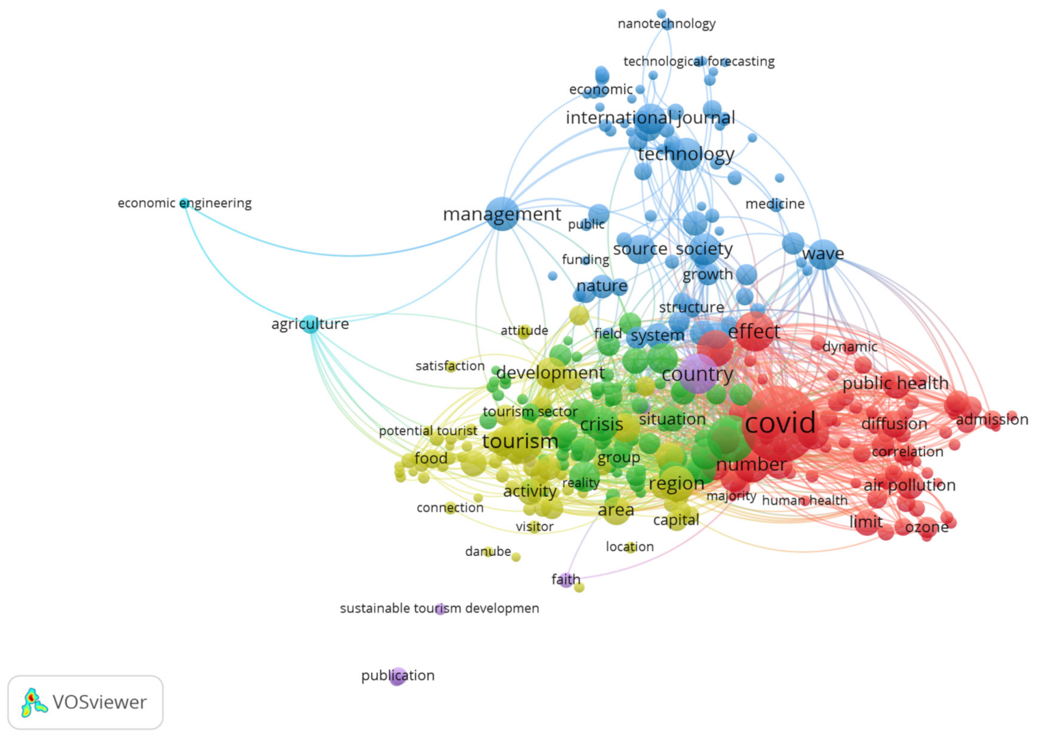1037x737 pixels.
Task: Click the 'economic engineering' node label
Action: (184, 203)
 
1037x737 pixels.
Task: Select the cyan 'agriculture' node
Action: (311, 324)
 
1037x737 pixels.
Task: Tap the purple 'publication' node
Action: (397, 676)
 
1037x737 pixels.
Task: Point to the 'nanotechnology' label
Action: (666, 24)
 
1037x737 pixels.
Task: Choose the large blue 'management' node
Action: (503, 214)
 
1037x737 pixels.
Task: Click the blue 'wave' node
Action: (823, 254)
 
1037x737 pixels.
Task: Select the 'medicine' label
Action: (774, 204)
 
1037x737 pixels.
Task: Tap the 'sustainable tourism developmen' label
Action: (439, 608)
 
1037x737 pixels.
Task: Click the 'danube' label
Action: (488, 551)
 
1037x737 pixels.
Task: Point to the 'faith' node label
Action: (566, 580)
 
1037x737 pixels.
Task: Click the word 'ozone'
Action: (926, 527)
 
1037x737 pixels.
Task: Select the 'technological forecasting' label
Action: (698, 62)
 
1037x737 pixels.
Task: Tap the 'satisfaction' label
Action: (449, 366)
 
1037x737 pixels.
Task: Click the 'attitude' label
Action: (524, 331)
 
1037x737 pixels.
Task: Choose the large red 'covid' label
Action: (780, 423)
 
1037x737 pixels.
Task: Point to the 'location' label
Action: (629, 547)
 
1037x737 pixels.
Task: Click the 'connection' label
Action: (449, 508)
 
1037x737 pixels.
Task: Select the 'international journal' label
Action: (650, 118)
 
